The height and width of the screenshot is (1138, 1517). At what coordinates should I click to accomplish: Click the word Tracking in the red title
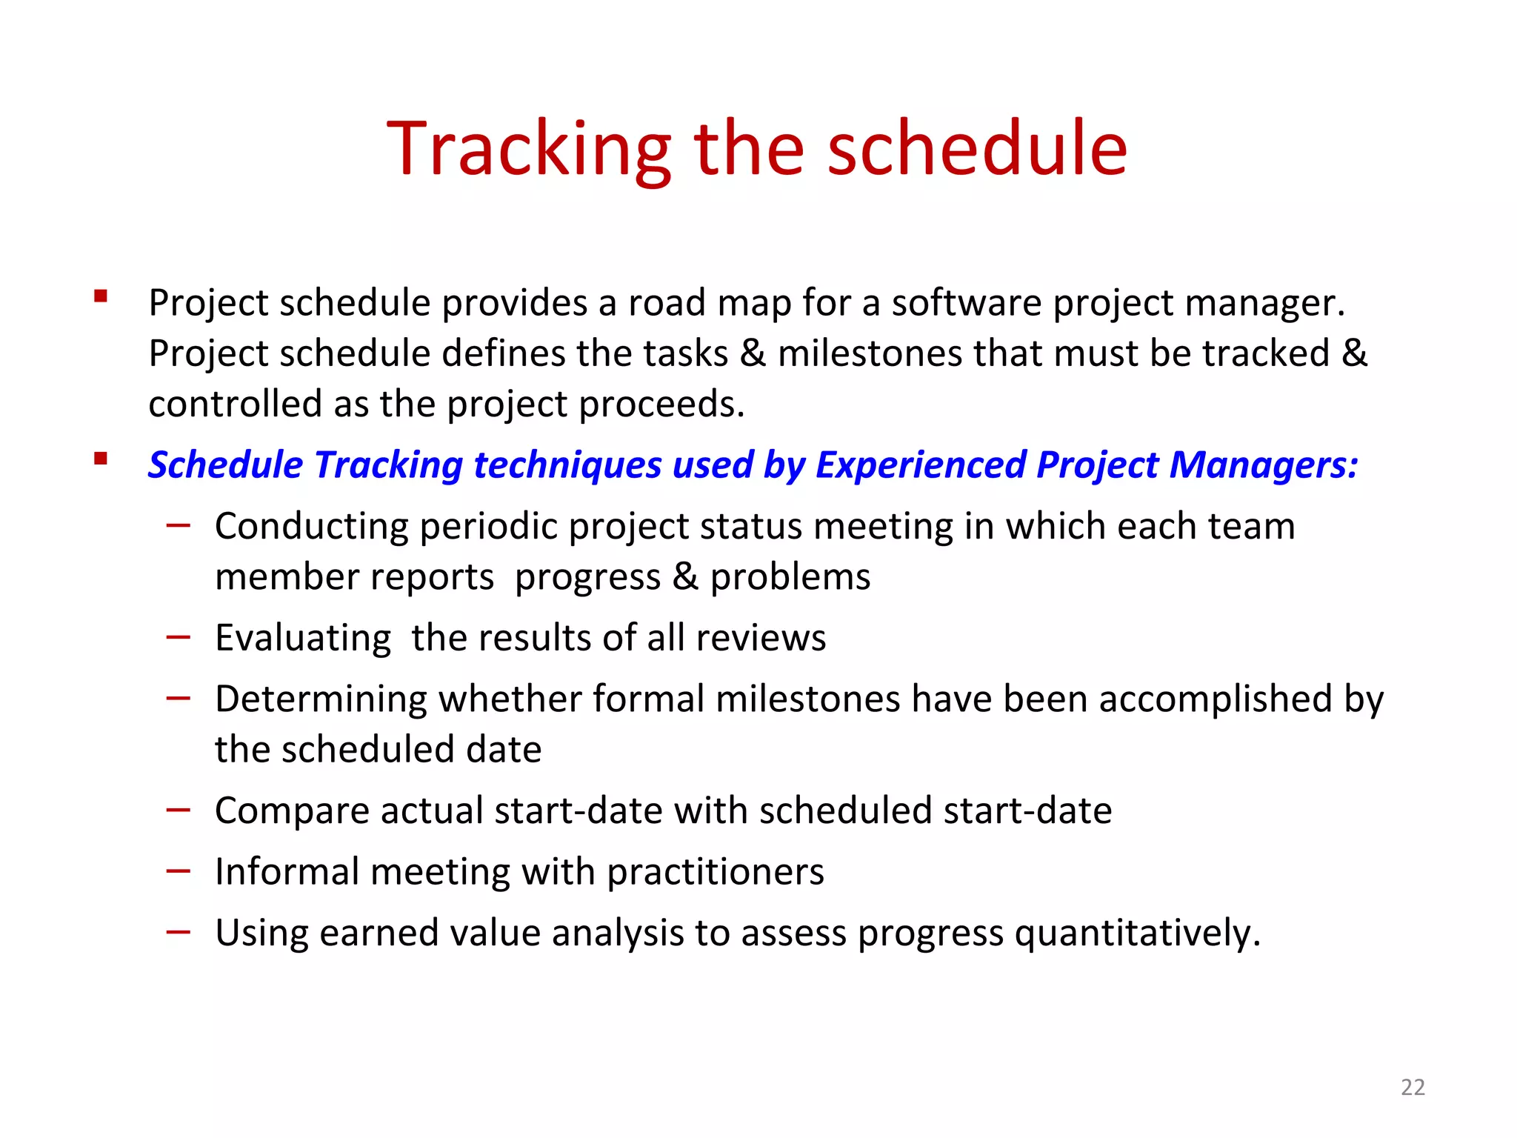click(x=529, y=150)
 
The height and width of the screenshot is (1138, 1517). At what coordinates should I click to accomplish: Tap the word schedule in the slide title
click(x=976, y=150)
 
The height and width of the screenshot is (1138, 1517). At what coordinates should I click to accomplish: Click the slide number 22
click(x=1413, y=1087)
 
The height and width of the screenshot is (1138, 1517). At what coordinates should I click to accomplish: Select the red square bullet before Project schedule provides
click(x=101, y=297)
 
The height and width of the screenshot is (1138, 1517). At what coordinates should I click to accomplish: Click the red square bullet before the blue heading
click(x=101, y=459)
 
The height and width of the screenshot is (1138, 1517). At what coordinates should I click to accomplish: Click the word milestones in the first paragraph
click(x=869, y=353)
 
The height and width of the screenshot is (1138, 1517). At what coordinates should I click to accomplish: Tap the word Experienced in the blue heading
click(x=919, y=465)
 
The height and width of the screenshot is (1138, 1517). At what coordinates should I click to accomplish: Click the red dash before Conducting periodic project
click(x=179, y=526)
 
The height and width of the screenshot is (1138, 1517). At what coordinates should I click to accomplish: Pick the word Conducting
click(x=311, y=528)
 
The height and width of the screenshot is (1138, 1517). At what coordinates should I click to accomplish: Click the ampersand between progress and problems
click(x=685, y=577)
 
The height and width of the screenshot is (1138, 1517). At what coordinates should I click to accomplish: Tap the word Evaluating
click(x=303, y=639)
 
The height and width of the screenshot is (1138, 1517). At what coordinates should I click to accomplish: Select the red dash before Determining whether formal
click(x=179, y=698)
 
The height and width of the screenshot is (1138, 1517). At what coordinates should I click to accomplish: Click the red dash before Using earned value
click(x=179, y=932)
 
